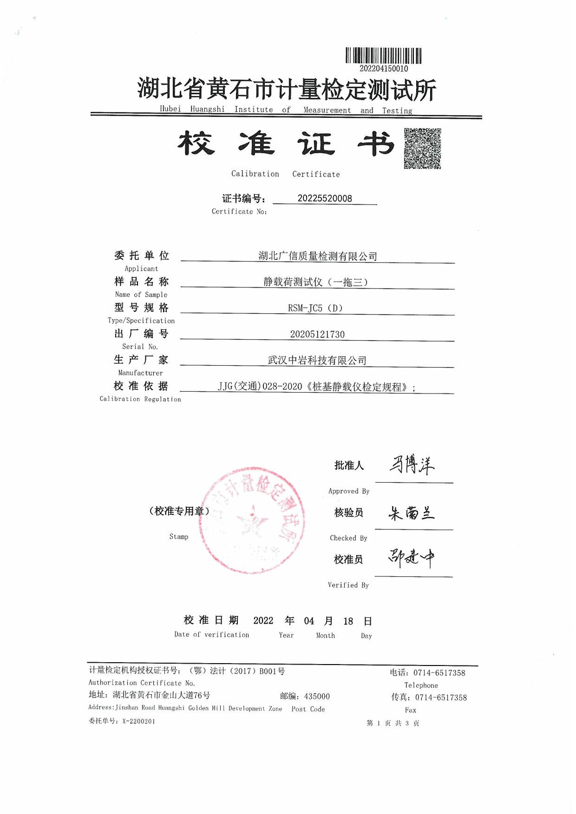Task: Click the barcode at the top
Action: (383, 56)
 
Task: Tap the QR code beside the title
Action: (422, 149)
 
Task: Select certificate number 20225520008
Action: (325, 199)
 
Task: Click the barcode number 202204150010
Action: (384, 69)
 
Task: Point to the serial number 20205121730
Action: (317, 334)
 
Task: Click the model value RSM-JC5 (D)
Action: (315, 308)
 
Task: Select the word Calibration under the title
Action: (255, 174)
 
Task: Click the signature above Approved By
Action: (412, 465)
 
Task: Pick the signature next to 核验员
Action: (412, 513)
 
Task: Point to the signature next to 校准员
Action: (412, 558)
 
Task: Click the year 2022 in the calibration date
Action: (263, 621)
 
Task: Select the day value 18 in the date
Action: (348, 621)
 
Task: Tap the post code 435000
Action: (317, 697)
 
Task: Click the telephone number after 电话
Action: (439, 673)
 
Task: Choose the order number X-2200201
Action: (138, 721)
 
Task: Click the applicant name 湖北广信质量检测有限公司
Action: (317, 256)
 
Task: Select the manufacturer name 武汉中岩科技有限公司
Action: (317, 361)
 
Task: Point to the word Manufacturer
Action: (140, 373)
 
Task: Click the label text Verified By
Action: (348, 585)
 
